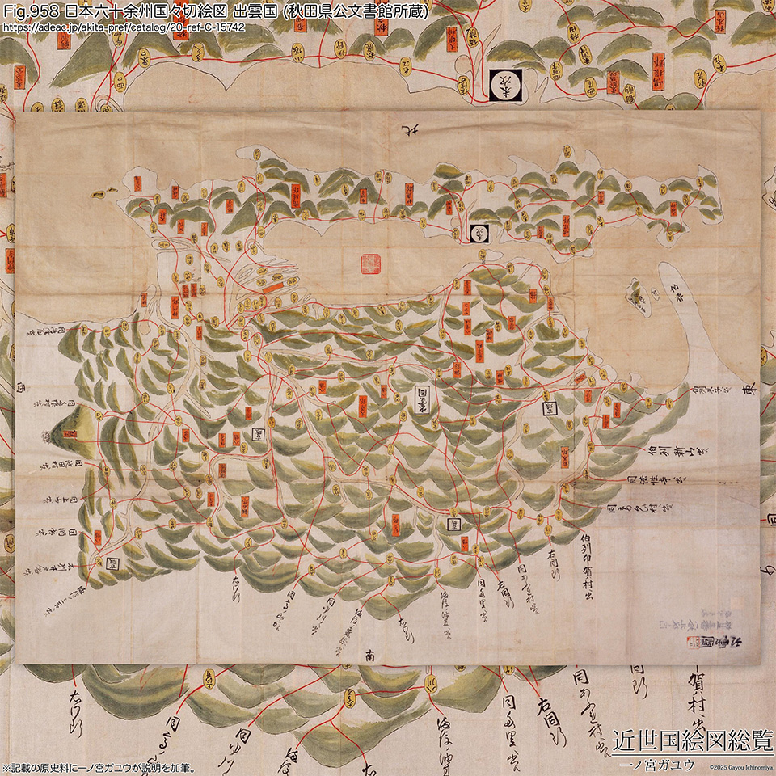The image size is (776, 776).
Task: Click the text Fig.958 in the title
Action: point(32,12)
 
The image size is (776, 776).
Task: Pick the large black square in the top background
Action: point(506,84)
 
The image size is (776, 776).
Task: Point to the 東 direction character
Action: point(749,390)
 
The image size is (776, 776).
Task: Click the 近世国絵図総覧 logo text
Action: point(693,740)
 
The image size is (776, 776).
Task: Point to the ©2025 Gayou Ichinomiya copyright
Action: point(741,766)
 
